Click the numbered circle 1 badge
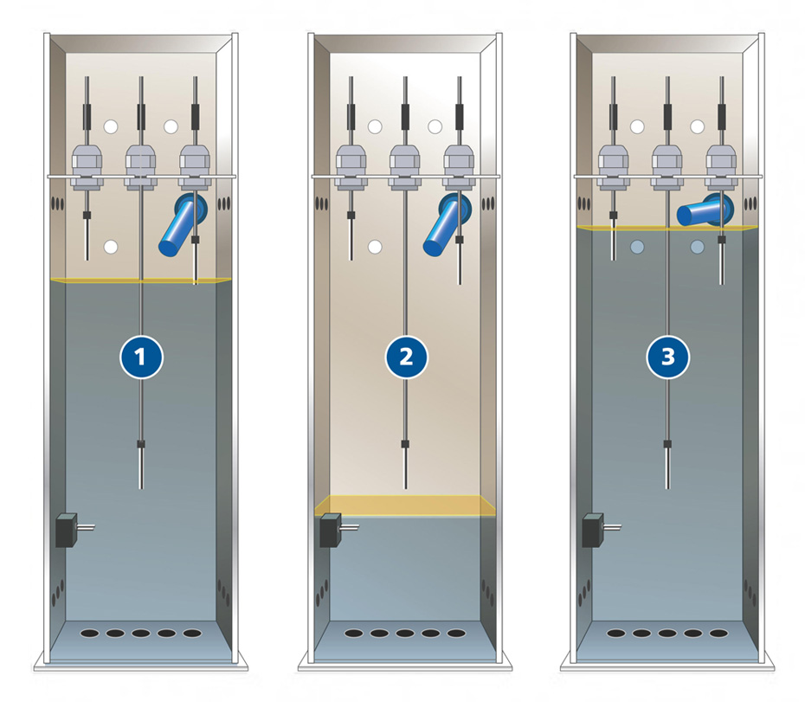(141, 357)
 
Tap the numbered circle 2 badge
(406, 357)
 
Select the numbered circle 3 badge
(667, 357)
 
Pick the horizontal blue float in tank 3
(705, 210)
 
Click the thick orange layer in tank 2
(405, 506)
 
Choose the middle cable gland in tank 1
(141, 166)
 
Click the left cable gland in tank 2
(351, 166)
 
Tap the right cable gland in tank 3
(721, 166)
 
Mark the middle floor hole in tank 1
(141, 634)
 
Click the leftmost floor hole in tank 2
(354, 634)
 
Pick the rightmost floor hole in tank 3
(718, 634)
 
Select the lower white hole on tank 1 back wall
(111, 247)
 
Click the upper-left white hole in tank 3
(637, 127)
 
